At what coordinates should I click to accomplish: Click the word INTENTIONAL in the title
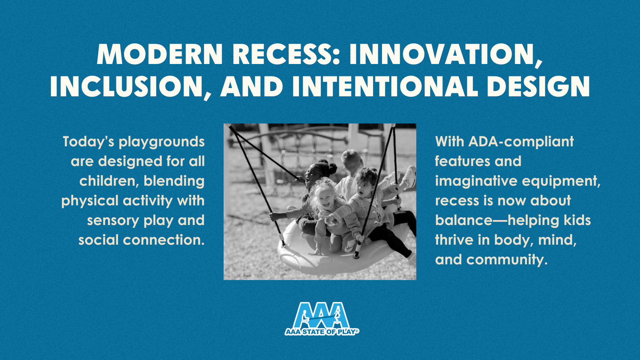coord(385,86)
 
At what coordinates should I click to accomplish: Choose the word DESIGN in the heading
coord(538,86)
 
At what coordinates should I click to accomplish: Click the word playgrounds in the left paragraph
coord(162,142)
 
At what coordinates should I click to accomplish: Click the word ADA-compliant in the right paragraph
coord(521,142)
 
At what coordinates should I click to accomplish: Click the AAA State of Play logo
coord(322,319)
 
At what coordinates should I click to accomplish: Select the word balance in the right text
coord(464,220)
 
